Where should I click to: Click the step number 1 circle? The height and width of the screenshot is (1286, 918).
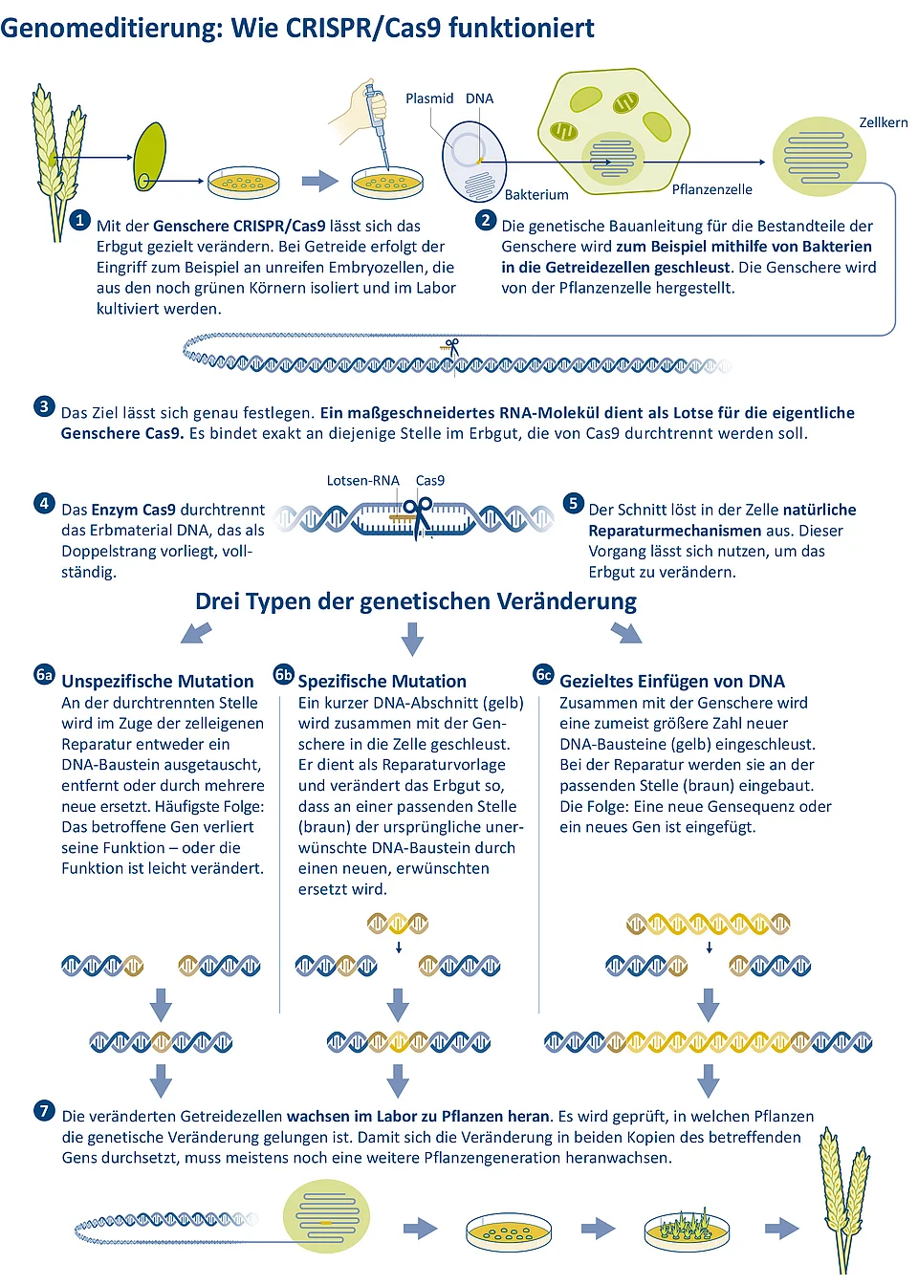tap(79, 221)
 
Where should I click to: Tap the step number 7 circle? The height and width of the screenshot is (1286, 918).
tap(44, 1111)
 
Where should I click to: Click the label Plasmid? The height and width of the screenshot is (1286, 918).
tap(429, 98)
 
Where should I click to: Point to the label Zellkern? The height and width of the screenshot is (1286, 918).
tap(883, 122)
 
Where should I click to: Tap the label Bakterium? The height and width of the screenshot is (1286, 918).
tap(536, 195)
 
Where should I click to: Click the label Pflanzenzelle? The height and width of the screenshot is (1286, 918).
tap(711, 189)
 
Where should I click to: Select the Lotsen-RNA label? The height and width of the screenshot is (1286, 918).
tap(362, 480)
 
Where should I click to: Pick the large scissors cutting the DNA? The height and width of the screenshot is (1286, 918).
tap(419, 516)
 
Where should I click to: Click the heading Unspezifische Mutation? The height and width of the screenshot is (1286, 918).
tap(158, 681)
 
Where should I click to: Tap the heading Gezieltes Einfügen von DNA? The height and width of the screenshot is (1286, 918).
tap(671, 681)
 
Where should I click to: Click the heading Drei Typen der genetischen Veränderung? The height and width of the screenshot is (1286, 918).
tap(416, 601)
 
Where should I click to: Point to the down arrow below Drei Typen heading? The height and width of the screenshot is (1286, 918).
tap(412, 639)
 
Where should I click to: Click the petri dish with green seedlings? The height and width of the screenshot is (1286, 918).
tap(687, 1230)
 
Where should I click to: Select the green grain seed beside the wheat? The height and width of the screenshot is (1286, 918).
tap(150, 157)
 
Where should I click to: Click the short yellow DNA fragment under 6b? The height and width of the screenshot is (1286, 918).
tap(398, 924)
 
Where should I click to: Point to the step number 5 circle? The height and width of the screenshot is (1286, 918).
tap(573, 503)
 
